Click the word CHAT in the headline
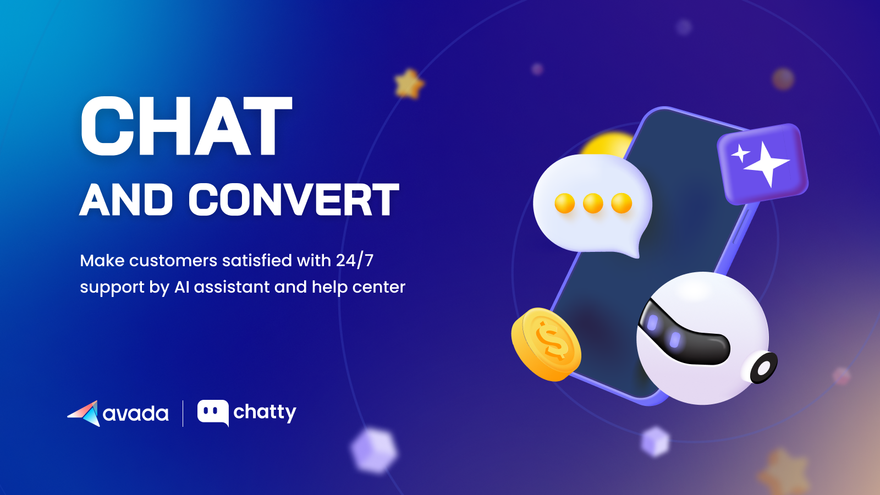tap(186, 127)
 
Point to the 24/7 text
tap(355, 260)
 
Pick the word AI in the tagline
tap(182, 287)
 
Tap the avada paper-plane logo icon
tap(84, 413)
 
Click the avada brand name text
tap(136, 414)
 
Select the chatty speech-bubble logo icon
tap(213, 413)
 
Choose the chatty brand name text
tap(265, 413)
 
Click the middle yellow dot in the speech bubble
tap(593, 203)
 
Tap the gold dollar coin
tap(546, 344)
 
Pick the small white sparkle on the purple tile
tap(740, 153)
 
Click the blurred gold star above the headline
tap(409, 84)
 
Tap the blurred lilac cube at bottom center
tap(374, 450)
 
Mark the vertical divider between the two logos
tap(183, 413)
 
